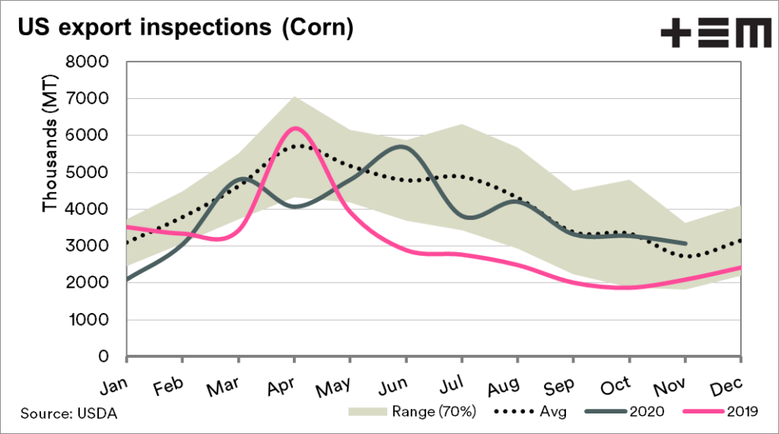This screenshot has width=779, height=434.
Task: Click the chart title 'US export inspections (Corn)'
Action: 186,28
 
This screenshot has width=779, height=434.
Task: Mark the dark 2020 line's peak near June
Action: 402,146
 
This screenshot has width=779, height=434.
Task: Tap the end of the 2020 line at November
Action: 685,244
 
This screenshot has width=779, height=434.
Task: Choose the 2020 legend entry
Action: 625,412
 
